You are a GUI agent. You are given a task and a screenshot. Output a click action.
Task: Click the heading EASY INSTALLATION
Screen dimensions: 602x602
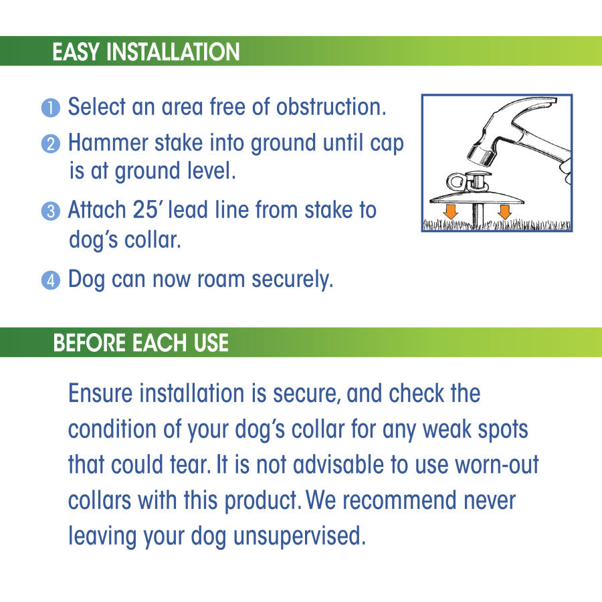(x=146, y=52)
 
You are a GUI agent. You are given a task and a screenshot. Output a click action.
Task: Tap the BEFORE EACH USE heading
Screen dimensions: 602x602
(x=141, y=342)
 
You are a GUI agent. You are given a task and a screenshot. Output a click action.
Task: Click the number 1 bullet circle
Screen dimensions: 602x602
(x=51, y=108)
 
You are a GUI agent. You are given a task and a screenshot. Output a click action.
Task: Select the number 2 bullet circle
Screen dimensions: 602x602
(x=51, y=144)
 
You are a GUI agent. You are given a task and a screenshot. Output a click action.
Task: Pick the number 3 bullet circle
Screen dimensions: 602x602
(x=51, y=211)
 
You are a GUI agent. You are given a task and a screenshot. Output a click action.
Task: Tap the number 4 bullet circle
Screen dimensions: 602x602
(x=51, y=280)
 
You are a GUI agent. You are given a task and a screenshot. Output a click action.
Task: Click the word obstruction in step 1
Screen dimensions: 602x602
(x=331, y=106)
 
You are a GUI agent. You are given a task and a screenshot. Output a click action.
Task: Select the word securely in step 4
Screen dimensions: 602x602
(x=292, y=280)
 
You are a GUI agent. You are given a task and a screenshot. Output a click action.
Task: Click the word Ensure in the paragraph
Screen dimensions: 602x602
(x=100, y=393)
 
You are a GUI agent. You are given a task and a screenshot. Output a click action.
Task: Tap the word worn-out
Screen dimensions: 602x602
(x=497, y=465)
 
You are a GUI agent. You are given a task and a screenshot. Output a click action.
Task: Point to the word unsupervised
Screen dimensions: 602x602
(x=300, y=536)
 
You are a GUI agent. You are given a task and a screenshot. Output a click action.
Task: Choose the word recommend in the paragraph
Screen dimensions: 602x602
(x=399, y=500)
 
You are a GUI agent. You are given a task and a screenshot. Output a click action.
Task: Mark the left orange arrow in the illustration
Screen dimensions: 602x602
(x=450, y=211)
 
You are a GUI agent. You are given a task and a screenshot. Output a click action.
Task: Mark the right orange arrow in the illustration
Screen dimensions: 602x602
(x=504, y=211)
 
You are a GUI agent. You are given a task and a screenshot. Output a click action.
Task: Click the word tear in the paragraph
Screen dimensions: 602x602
(x=190, y=465)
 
